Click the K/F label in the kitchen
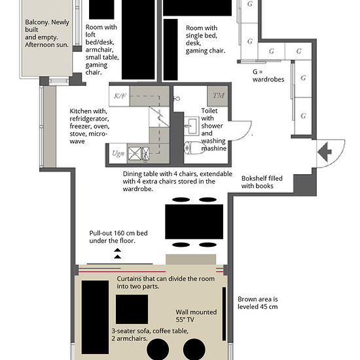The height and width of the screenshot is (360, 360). point(120,96)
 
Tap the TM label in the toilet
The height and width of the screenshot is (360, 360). point(218,96)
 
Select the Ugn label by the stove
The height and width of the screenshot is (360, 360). point(118,153)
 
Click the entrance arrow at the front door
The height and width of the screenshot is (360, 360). point(325,152)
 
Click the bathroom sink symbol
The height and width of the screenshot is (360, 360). point(191,126)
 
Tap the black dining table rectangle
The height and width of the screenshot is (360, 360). point(194,221)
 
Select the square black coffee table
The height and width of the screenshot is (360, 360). point(132,309)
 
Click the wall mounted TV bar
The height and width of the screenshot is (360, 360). point(224,314)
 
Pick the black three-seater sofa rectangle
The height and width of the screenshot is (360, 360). point(95,317)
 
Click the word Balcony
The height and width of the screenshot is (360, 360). point(37,22)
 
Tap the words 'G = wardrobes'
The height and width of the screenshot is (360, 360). point(268,75)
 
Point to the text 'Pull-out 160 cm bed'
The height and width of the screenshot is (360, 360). point(118,233)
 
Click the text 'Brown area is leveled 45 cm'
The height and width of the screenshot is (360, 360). point(258,303)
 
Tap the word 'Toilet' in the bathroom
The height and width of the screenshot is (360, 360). point(209,111)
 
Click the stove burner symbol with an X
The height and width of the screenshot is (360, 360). point(135,154)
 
